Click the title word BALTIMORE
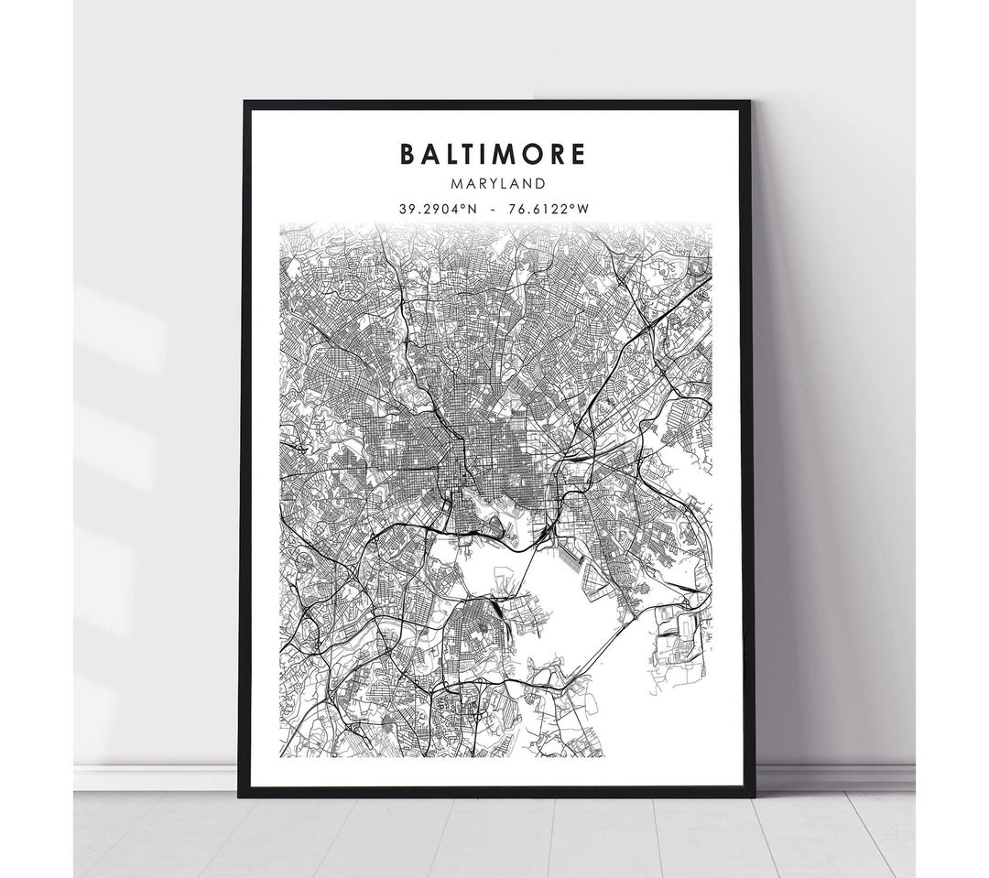pyautogui.click(x=492, y=154)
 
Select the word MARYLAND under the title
pyautogui.click(x=492, y=184)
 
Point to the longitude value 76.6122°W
pyautogui.click(x=548, y=209)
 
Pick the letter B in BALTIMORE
pyautogui.click(x=408, y=154)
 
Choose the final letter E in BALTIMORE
pyautogui.click(x=577, y=154)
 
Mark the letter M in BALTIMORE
pyautogui.click(x=501, y=154)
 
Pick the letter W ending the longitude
pyautogui.click(x=582, y=209)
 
